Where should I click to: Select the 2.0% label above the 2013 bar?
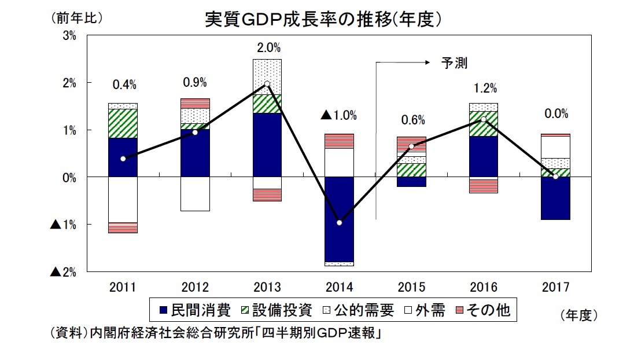(x=268, y=47)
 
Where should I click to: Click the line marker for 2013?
(x=267, y=84)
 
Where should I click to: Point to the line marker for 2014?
(x=339, y=223)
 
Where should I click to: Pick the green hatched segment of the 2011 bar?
(x=123, y=123)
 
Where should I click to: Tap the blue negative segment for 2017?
(x=555, y=199)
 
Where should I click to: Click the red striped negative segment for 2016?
(x=483, y=185)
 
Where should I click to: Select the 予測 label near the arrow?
(x=454, y=63)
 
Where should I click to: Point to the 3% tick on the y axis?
(x=69, y=36)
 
